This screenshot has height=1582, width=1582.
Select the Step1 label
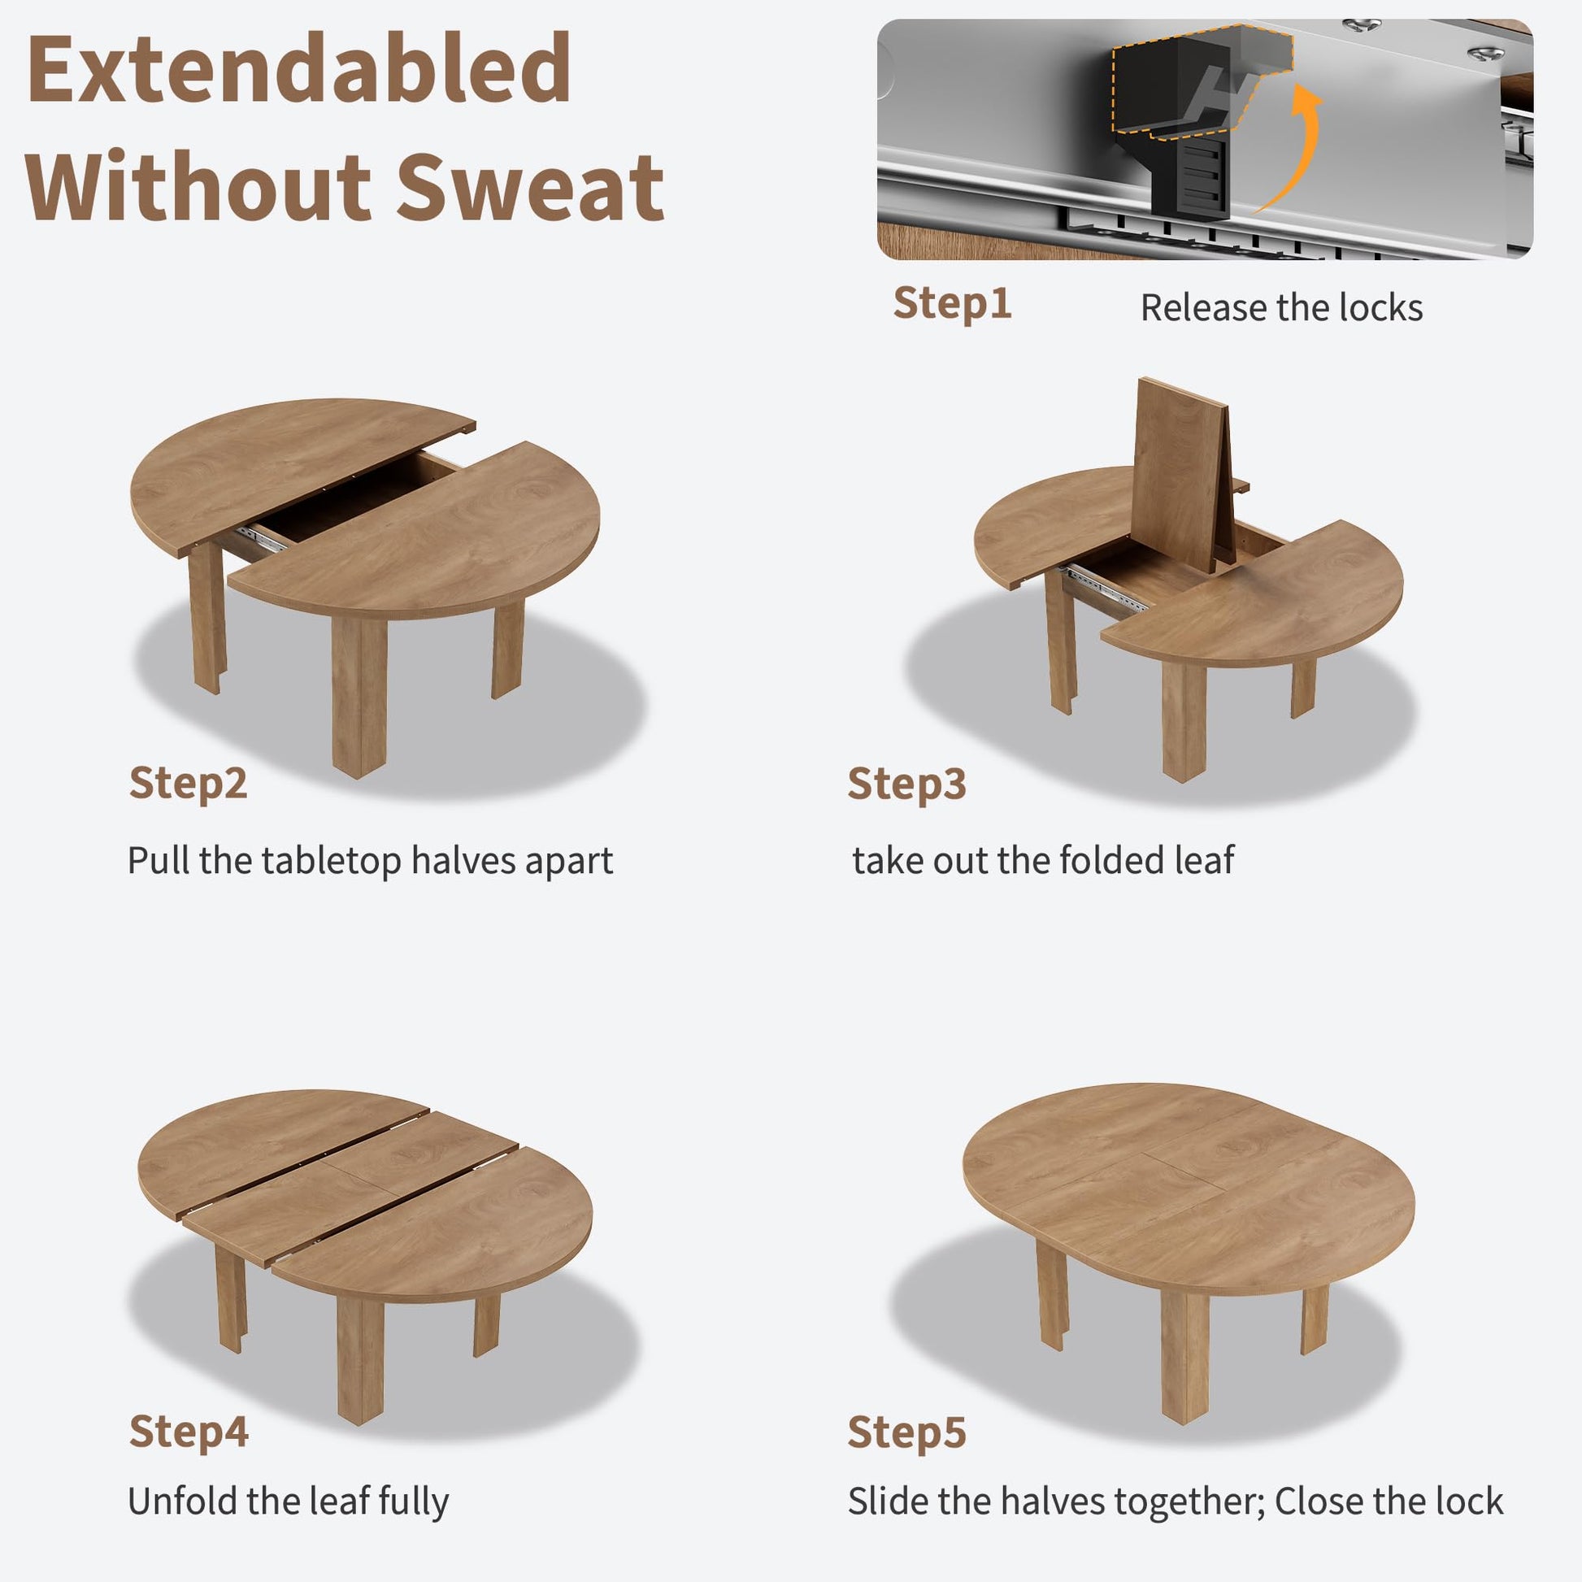click(x=952, y=304)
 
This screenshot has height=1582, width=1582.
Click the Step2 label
click(x=189, y=784)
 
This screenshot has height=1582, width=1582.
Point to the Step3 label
click(x=906, y=784)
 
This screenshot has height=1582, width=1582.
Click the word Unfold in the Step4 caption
click(x=182, y=1501)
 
